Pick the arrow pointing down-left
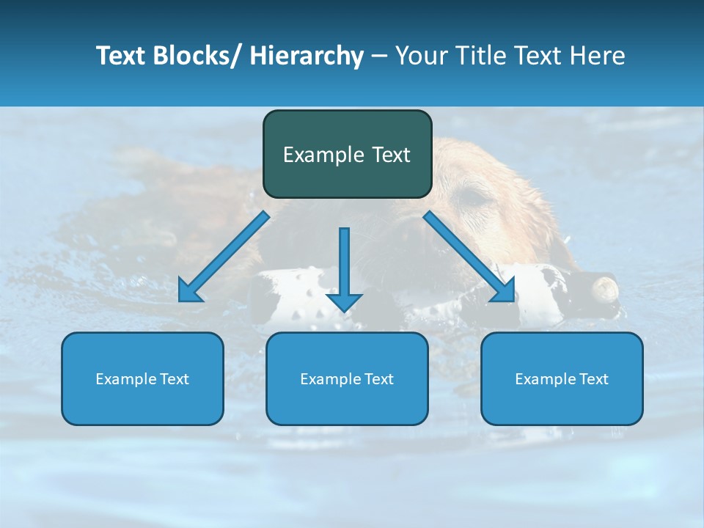point(224,257)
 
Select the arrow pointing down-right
point(469,257)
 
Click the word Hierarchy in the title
point(307,56)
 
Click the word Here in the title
point(597,56)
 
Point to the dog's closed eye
point(474,197)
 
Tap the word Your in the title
point(421,56)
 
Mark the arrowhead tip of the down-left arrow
point(180,301)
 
